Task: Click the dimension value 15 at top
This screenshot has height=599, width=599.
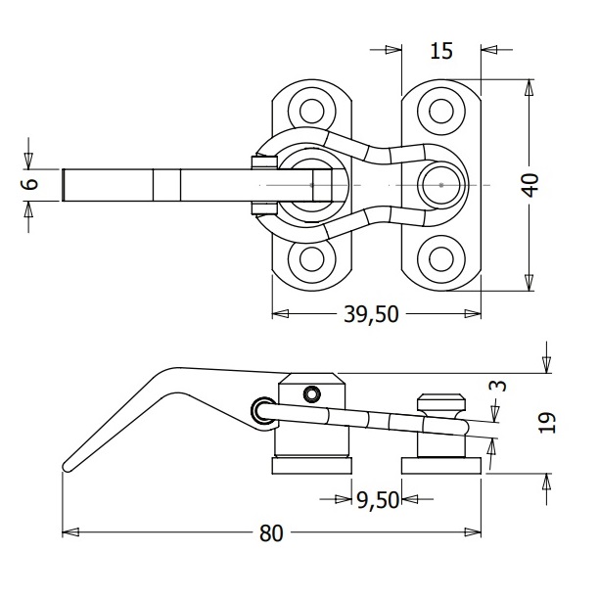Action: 441,51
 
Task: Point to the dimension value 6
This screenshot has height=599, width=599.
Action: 28,183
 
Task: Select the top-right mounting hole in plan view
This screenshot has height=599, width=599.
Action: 441,110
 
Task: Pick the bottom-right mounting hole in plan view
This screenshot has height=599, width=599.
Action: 441,259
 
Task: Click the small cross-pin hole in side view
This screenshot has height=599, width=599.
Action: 312,393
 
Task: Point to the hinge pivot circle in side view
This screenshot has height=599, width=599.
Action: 262,412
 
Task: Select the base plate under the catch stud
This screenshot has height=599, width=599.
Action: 441,465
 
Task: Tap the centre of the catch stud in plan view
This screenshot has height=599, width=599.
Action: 441,184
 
